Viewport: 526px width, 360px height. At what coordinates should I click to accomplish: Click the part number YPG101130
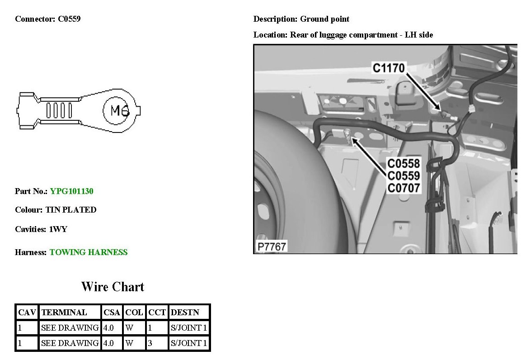pyautogui.click(x=71, y=191)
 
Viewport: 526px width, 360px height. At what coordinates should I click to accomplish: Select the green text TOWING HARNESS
pyautogui.click(x=89, y=252)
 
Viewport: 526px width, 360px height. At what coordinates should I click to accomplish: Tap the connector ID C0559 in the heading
pyautogui.click(x=69, y=19)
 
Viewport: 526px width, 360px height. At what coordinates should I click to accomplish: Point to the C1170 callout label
pyautogui.click(x=388, y=68)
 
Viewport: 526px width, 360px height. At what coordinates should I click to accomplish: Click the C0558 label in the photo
pyautogui.click(x=404, y=163)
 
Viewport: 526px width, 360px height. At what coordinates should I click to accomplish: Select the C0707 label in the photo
pyautogui.click(x=404, y=188)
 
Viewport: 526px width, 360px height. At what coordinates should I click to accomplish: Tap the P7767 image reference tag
pyautogui.click(x=271, y=247)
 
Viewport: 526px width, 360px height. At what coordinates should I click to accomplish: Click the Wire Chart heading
pyautogui.click(x=113, y=287)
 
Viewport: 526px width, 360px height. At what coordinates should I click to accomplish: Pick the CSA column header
pyautogui.click(x=112, y=313)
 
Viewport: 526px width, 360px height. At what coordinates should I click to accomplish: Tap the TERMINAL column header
pyautogui.click(x=64, y=313)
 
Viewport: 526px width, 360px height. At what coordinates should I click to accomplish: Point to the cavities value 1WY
pyautogui.click(x=58, y=229)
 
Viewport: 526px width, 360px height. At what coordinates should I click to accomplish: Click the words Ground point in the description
pyautogui.click(x=324, y=19)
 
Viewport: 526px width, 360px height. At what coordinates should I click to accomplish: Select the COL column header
pyautogui.click(x=134, y=313)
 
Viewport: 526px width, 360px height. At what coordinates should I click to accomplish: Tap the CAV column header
pyautogui.click(x=27, y=313)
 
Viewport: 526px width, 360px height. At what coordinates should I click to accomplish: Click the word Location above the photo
pyautogui.click(x=270, y=35)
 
